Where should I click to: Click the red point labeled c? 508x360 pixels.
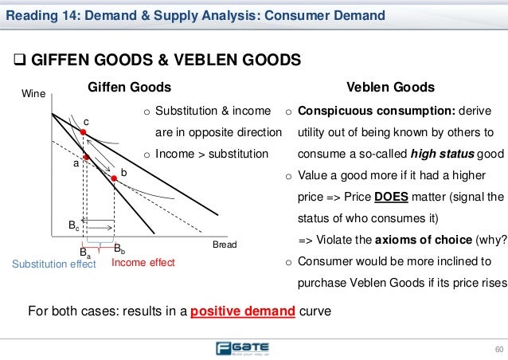tap(82, 132)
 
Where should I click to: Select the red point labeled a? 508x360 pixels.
tap(88, 158)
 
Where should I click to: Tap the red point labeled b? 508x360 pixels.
tap(114, 178)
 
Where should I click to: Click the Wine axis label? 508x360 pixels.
tap(33, 94)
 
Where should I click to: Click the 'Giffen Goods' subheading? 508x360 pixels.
tap(128, 87)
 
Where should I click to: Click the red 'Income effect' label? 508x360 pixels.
tap(143, 261)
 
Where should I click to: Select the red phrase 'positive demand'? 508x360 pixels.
tap(239, 310)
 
